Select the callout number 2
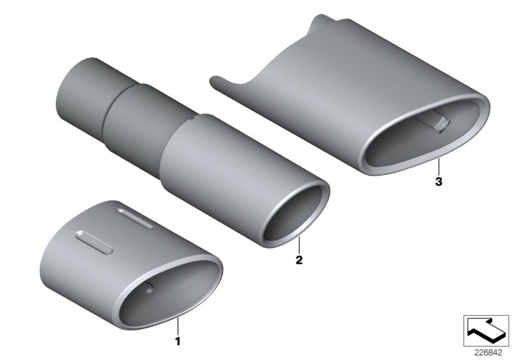(299, 260)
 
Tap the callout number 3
(439, 182)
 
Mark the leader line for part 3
(439, 166)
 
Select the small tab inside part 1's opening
(147, 288)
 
